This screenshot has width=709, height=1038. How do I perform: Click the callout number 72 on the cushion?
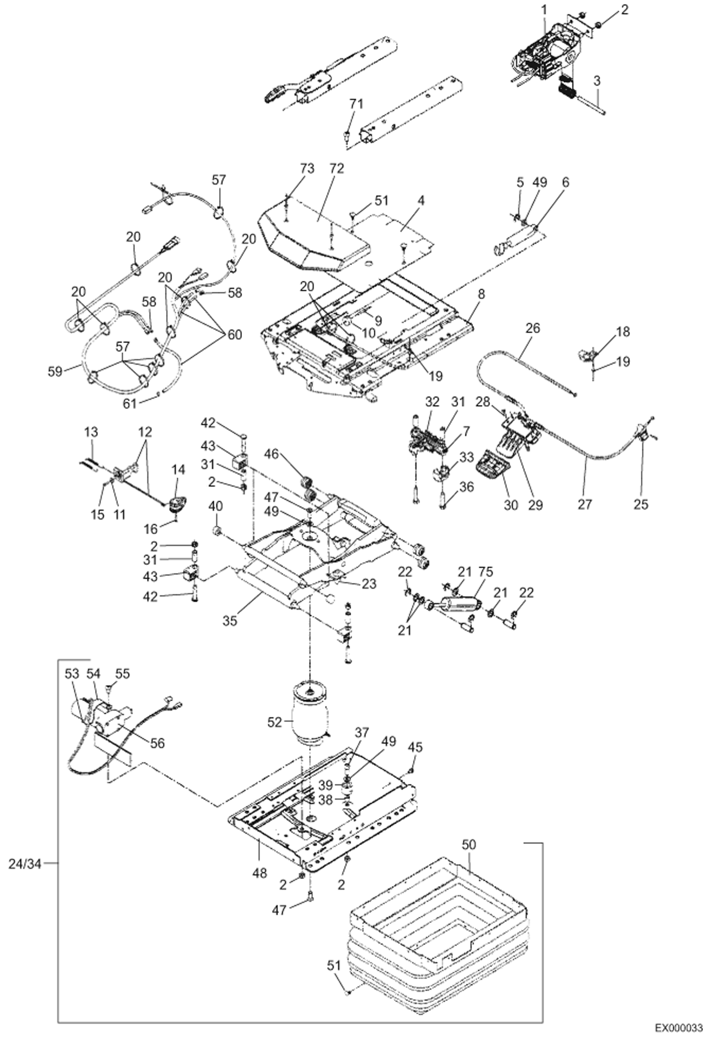pyautogui.click(x=337, y=168)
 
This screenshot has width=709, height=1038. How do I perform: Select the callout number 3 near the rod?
pyautogui.click(x=597, y=80)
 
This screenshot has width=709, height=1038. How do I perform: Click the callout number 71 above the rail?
pyautogui.click(x=356, y=104)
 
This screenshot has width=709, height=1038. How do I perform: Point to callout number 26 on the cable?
pyautogui.click(x=532, y=328)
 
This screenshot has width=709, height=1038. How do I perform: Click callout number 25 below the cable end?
pyautogui.click(x=640, y=504)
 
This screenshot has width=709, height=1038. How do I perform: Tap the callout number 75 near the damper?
pyautogui.click(x=486, y=572)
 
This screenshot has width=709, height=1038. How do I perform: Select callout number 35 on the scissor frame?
pyautogui.click(x=230, y=620)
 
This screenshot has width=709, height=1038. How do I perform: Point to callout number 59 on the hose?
pyautogui.click(x=55, y=371)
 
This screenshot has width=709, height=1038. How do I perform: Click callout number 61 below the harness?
pyautogui.click(x=130, y=403)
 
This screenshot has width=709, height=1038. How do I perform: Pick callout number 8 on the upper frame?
pyautogui.click(x=481, y=294)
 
